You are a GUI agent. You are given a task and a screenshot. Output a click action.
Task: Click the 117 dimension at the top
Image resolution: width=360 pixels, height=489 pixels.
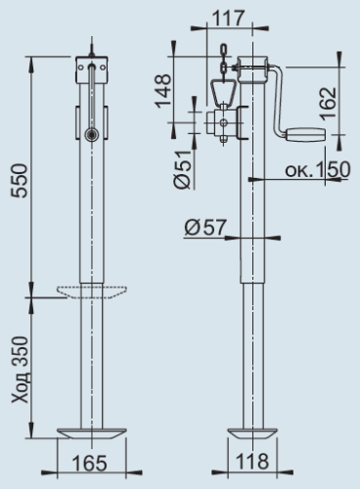pyautogui.click(x=235, y=17)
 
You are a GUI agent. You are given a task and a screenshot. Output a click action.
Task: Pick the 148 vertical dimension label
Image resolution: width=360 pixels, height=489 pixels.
pyautogui.click(x=164, y=90)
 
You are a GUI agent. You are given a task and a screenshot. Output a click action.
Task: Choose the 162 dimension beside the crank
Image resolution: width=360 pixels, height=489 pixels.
pyautogui.click(x=329, y=99)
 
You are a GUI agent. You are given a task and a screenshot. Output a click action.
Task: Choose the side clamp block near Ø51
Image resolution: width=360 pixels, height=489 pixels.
pyautogui.click(x=221, y=124)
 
